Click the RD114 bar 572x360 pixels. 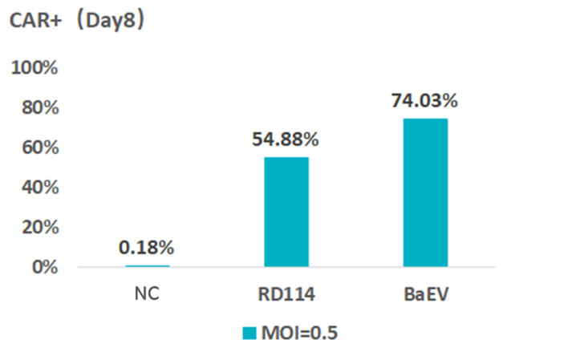(x=286, y=212)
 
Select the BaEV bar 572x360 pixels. (x=424, y=192)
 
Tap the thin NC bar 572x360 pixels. (x=147, y=265)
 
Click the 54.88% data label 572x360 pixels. (x=286, y=140)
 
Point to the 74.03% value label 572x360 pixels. (x=424, y=101)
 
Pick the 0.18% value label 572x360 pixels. (x=147, y=248)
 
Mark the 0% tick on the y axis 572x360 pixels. (x=45, y=266)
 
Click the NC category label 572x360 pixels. (x=147, y=293)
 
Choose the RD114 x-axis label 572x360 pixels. (x=286, y=293)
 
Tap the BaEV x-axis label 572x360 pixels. (x=424, y=293)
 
